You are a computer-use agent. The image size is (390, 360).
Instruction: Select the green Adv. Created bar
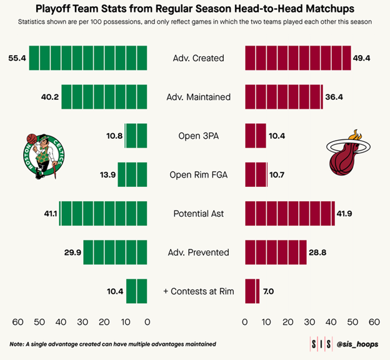[88, 58]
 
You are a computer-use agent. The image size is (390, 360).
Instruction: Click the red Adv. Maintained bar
[284, 97]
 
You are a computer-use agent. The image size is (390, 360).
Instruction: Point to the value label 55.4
[17, 58]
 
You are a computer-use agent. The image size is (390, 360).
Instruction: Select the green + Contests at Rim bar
[136, 291]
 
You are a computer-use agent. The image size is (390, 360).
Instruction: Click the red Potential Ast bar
[289, 214]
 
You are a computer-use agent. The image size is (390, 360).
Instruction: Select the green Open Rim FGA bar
[132, 174]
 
